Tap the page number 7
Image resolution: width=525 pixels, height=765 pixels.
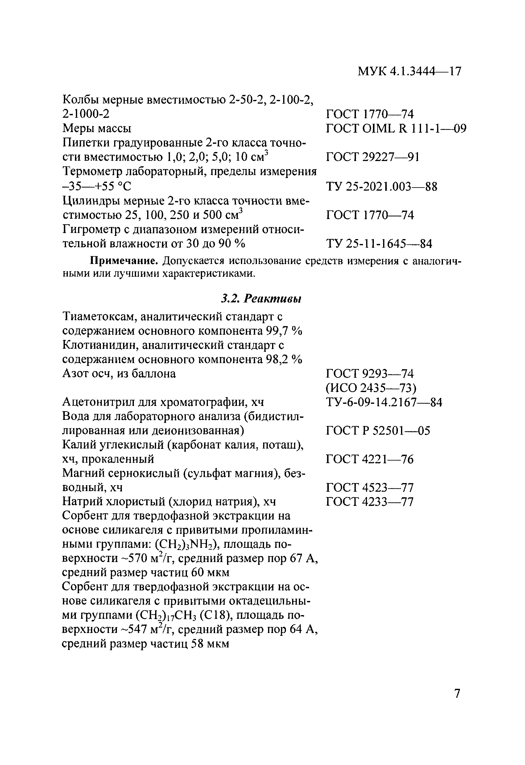coord(457,693)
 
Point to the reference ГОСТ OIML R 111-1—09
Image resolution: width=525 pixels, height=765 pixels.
coord(396,128)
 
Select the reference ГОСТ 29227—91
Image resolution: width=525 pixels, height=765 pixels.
coord(372,157)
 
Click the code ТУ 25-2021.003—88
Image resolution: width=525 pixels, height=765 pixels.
coord(382,187)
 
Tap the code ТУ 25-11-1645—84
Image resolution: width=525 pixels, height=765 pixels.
coord(379,244)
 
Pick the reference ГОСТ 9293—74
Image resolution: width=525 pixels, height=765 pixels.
coord(369,374)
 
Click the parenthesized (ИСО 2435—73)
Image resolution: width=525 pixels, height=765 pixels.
coord(371,388)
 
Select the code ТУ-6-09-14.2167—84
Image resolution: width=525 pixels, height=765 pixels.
coord(384,402)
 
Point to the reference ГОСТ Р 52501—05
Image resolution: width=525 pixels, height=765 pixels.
coord(378,431)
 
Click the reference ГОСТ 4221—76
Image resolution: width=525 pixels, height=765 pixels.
coord(369,459)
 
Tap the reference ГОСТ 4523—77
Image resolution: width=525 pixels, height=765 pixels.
coord(369,487)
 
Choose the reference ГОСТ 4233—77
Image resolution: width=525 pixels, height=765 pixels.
coord(369,502)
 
